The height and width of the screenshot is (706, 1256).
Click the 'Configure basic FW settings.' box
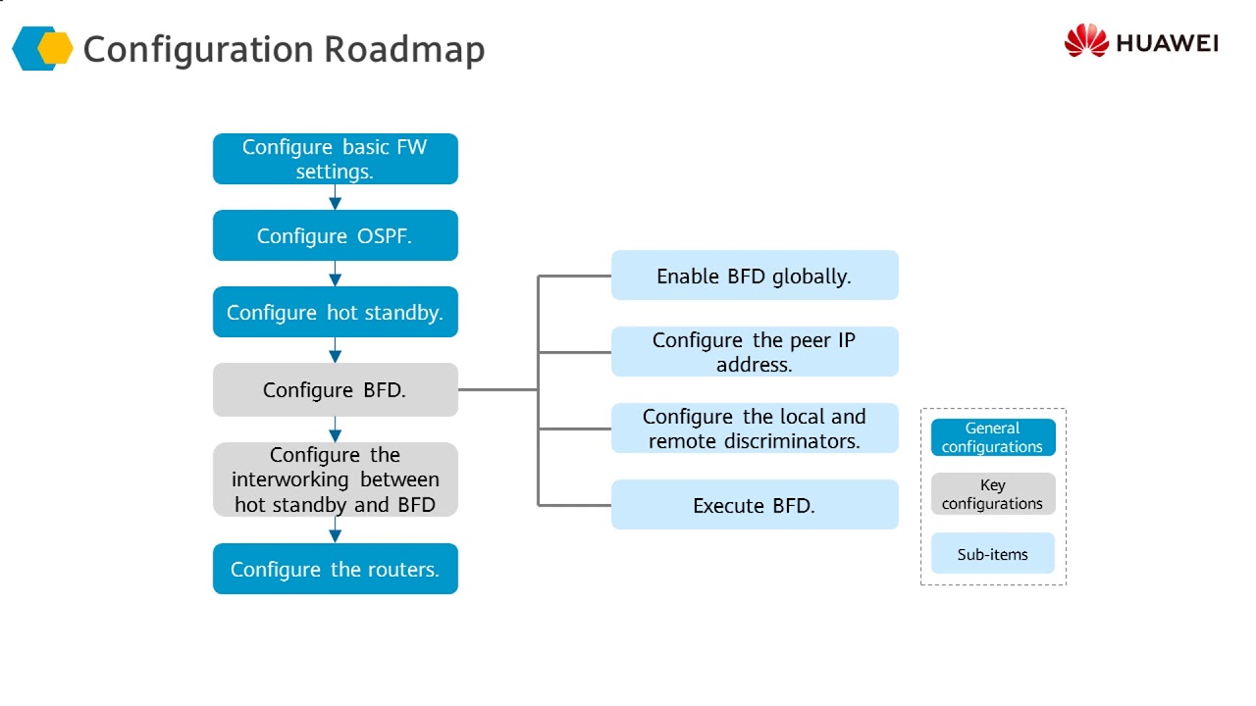point(336,159)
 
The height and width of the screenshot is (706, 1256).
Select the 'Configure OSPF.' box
point(336,235)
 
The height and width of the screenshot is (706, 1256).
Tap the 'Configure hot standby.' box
point(336,312)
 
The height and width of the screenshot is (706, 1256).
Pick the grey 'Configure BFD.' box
point(336,390)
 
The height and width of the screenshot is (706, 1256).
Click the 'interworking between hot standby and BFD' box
point(336,479)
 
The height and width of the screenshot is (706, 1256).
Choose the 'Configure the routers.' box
point(336,569)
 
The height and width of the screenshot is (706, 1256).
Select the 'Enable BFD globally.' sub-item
point(755,276)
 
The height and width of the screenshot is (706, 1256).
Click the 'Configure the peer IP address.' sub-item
point(755,352)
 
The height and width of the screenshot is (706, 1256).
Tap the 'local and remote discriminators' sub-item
point(755,429)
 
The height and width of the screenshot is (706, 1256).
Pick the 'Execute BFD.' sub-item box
point(755,504)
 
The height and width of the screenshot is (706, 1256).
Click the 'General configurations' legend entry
point(993,437)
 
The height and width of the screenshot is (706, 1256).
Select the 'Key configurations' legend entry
point(993,493)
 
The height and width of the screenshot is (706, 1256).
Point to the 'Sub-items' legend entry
point(993,553)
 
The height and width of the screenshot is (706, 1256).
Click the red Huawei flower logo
point(1086,40)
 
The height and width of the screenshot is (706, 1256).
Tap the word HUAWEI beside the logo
point(1168,43)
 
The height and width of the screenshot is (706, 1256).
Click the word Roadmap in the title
point(404,50)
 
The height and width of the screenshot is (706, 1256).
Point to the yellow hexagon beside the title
point(55,49)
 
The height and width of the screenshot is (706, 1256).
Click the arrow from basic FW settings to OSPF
point(336,197)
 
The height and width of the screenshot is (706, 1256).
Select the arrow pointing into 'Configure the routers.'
point(336,529)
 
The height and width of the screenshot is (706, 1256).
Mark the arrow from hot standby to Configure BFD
point(336,350)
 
